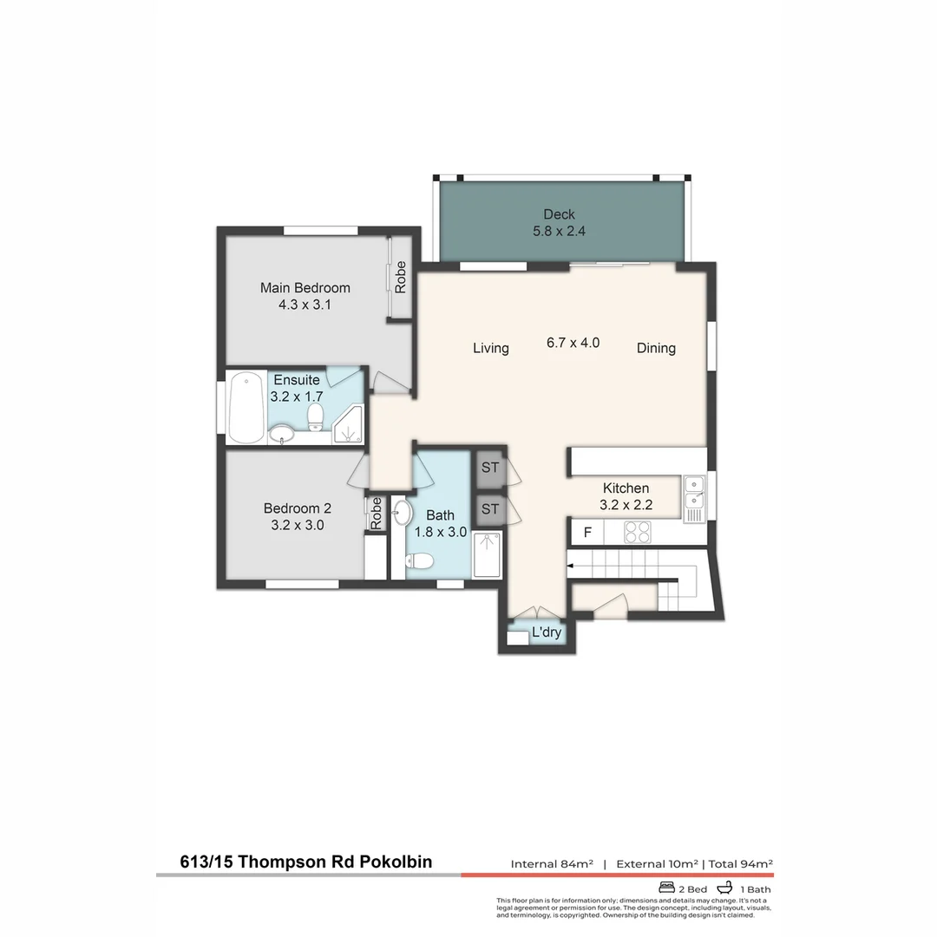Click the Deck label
(560, 214)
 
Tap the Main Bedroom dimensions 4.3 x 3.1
(305, 305)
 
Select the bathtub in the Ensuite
(246, 407)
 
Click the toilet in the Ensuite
(315, 416)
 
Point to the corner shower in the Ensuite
(349, 425)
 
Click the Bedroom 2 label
(297, 508)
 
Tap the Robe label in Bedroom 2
(376, 514)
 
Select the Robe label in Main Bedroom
(400, 277)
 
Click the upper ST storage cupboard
(490, 468)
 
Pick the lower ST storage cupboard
(490, 509)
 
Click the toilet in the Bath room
(419, 560)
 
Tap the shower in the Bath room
(487, 555)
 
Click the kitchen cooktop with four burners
(637, 532)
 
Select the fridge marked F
(587, 532)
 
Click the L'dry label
(547, 632)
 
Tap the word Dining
(656, 349)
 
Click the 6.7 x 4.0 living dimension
(573, 343)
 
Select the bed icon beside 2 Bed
(666, 888)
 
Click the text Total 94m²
(741, 863)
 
